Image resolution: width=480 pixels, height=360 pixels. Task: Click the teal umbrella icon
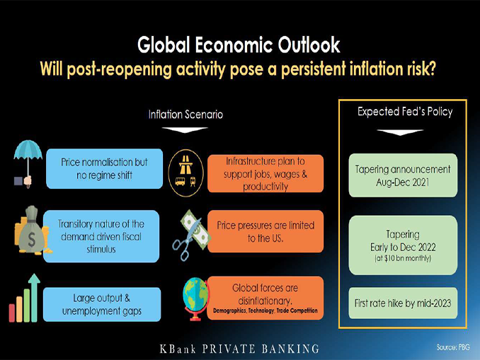(x=28, y=163)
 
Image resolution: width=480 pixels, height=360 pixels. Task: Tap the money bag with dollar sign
(x=32, y=231)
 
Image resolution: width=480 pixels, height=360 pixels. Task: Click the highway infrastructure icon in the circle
(x=185, y=173)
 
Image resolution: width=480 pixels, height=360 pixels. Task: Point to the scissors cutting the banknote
(x=190, y=235)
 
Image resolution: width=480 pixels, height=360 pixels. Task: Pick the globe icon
(x=196, y=298)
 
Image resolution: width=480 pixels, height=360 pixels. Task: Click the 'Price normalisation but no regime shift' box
(x=104, y=168)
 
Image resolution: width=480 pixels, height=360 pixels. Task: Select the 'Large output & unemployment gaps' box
(x=102, y=304)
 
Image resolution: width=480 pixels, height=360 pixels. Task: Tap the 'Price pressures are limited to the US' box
(x=265, y=231)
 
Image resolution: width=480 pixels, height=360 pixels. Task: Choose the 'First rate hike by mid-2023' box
(x=403, y=303)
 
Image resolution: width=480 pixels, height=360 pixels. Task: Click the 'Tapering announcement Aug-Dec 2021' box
(x=403, y=175)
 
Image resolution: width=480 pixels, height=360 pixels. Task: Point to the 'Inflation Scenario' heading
(x=185, y=115)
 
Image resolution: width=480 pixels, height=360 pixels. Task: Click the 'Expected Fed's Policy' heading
(x=405, y=112)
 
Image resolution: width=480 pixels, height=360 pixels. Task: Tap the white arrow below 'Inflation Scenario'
(x=185, y=130)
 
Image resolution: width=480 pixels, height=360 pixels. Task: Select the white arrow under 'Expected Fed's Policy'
(x=400, y=132)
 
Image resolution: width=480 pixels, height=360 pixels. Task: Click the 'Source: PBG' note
(x=453, y=347)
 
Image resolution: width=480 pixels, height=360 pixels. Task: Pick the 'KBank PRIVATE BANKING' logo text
(x=239, y=349)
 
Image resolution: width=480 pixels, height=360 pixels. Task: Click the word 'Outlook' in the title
(x=309, y=45)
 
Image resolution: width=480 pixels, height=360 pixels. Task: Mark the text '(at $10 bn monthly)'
(x=403, y=258)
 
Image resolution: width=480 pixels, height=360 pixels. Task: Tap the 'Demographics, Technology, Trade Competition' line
(x=265, y=310)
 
